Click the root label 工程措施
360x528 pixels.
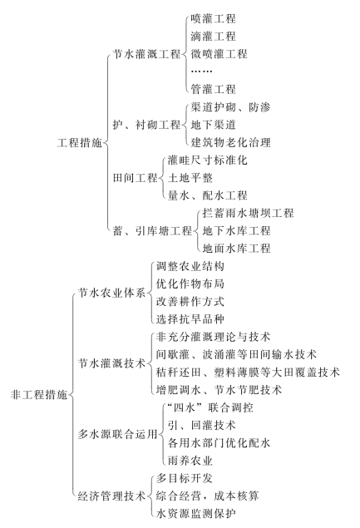tap(80, 143)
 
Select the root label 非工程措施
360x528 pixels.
tap(39, 394)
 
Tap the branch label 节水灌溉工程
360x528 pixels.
tap(147, 54)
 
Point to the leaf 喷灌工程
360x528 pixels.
tap(213, 18)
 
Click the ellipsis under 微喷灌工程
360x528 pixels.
tap(201, 71)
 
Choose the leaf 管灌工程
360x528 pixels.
tap(213, 89)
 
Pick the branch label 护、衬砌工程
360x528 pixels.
tap(147, 125)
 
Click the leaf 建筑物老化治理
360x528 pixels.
tap(230, 142)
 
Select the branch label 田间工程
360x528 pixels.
tap(135, 178)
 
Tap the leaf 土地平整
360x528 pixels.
tap(190, 178)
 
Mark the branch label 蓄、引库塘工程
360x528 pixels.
tap(152, 231)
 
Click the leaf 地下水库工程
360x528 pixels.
tap(236, 231)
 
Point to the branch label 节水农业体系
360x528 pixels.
tap(111, 293)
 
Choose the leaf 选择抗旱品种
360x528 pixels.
tap(190, 319)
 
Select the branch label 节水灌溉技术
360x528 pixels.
tap(111, 363)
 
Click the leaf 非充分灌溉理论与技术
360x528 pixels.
tap(213, 337)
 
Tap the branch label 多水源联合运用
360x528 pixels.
tap(117, 434)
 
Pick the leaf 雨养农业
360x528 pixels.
tap(190, 461)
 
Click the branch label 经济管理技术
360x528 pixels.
tap(111, 496)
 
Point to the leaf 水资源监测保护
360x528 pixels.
tap(195, 514)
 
